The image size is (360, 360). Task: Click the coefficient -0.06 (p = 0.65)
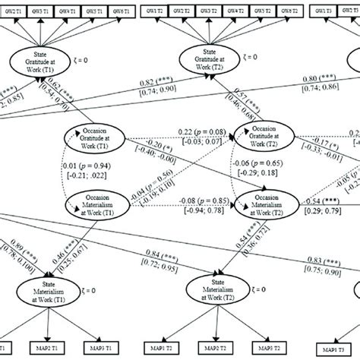point(204,163)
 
